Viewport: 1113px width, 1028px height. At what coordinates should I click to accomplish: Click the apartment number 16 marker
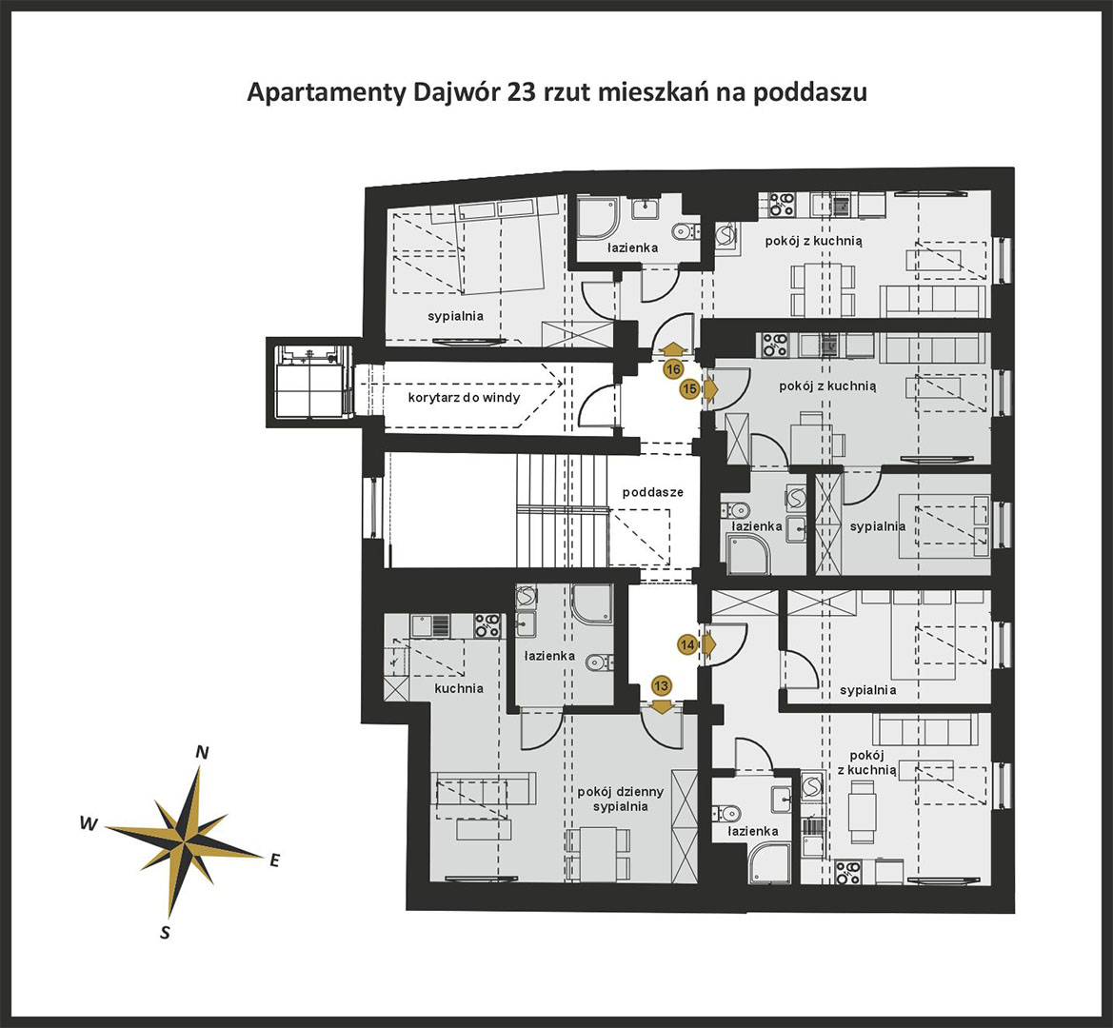pyautogui.click(x=673, y=369)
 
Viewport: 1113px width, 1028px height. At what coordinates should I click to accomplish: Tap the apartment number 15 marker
pyautogui.click(x=689, y=388)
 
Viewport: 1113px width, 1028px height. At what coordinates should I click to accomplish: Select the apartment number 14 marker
pyautogui.click(x=687, y=645)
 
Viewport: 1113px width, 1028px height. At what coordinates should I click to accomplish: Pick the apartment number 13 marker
pyautogui.click(x=662, y=686)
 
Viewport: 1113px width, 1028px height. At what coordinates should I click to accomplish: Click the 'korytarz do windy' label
pyautogui.click(x=464, y=397)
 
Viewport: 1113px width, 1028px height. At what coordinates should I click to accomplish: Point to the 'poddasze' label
pyautogui.click(x=653, y=492)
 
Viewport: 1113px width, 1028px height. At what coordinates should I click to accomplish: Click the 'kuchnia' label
pyautogui.click(x=459, y=688)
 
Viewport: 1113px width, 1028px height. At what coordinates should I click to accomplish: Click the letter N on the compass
pyautogui.click(x=202, y=753)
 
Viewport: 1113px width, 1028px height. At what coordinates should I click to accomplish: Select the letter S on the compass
pyautogui.click(x=166, y=933)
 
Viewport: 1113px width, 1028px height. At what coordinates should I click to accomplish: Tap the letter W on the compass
pyautogui.click(x=89, y=823)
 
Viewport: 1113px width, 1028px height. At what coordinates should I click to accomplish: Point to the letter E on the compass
pyautogui.click(x=275, y=860)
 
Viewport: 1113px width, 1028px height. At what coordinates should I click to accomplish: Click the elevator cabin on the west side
pyautogui.click(x=310, y=382)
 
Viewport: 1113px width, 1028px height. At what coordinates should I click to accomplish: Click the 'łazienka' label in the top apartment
pyautogui.click(x=632, y=247)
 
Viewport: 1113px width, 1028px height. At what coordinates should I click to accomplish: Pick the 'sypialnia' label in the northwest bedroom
pyautogui.click(x=456, y=316)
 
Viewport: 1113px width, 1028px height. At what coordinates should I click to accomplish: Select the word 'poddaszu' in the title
pyautogui.click(x=810, y=93)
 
